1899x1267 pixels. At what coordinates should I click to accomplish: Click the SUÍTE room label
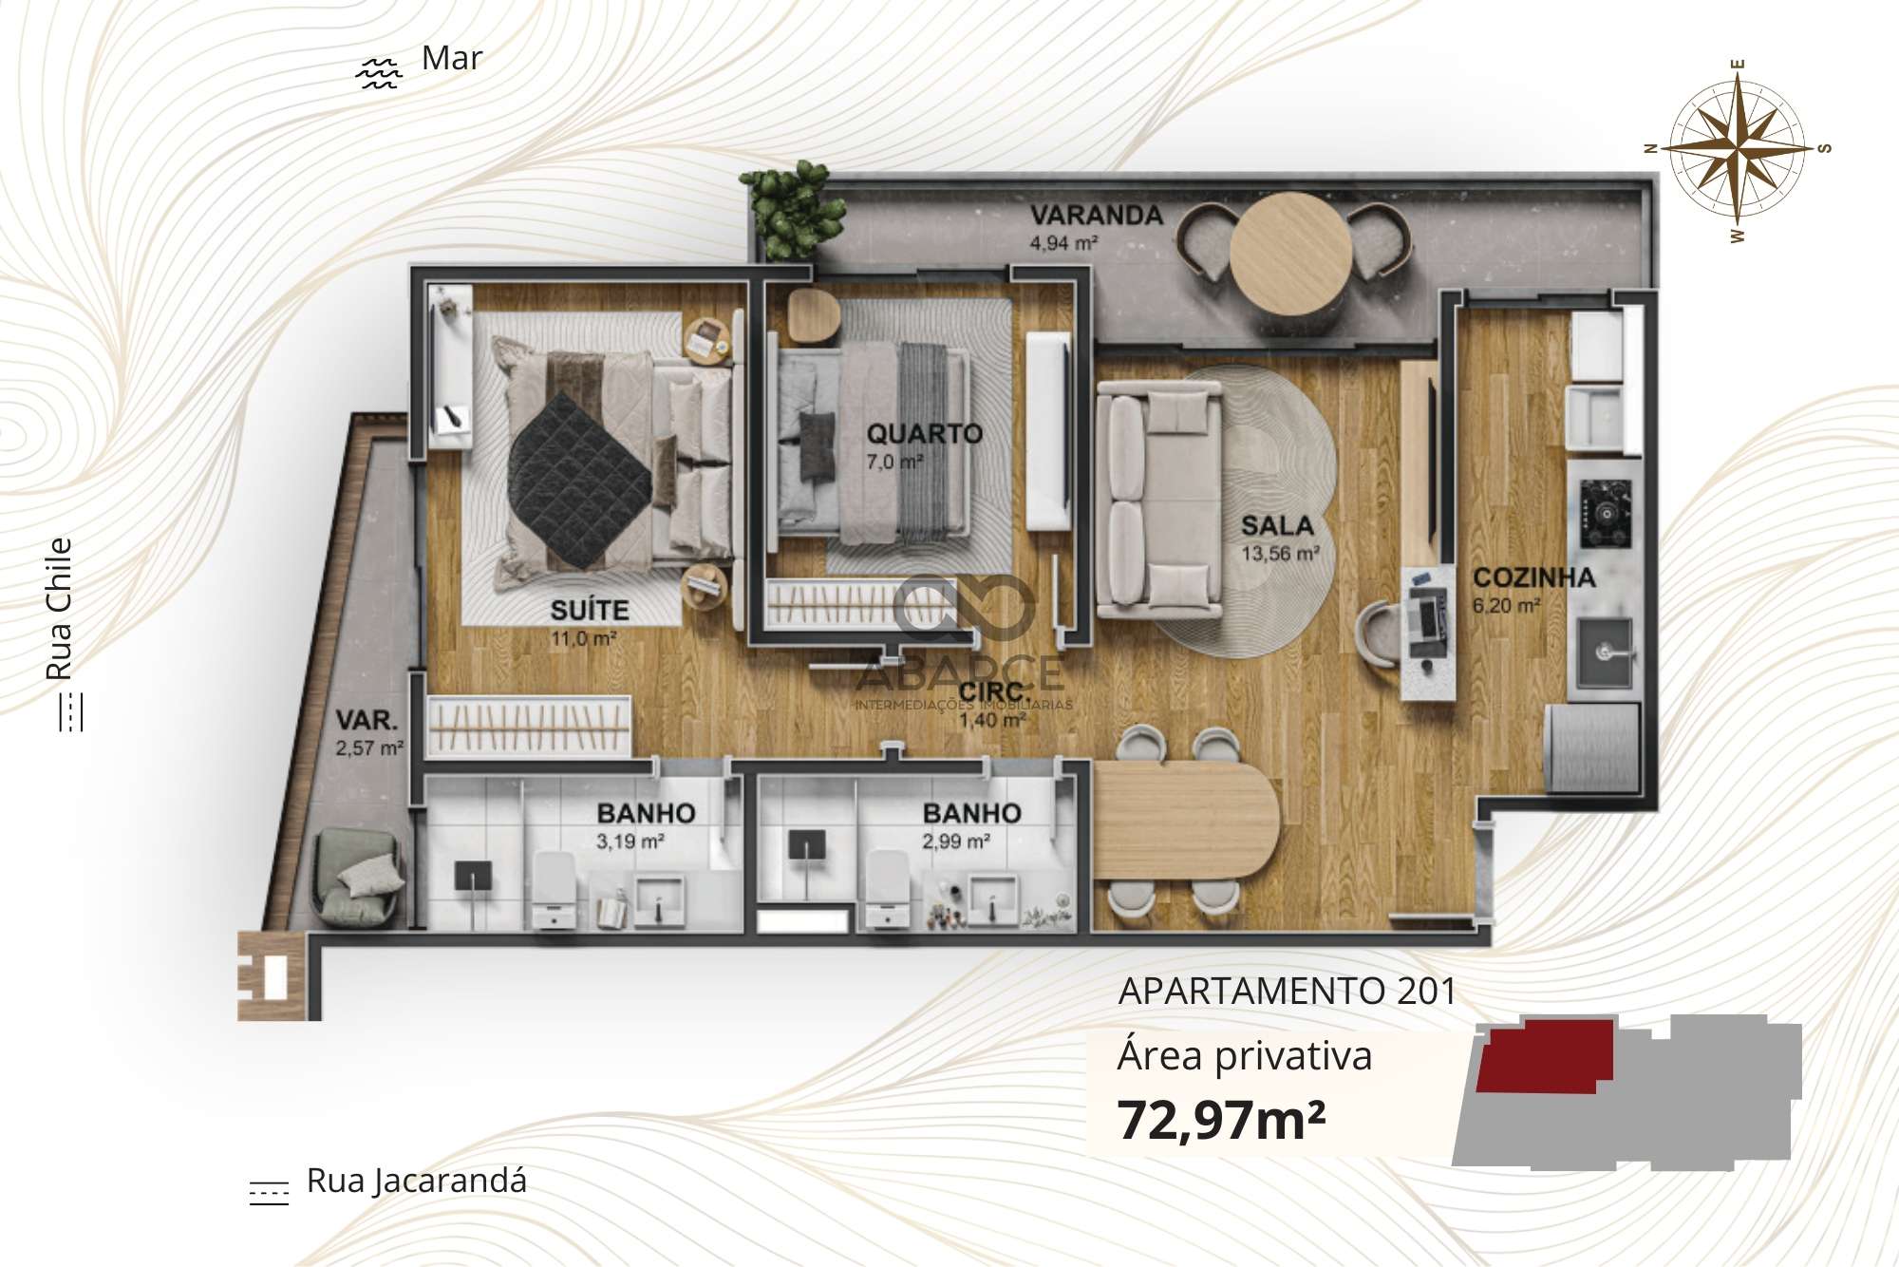[x=590, y=610]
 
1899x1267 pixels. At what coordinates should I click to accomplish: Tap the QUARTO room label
[x=924, y=434]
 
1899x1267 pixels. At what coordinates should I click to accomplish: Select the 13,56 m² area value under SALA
[x=1280, y=553]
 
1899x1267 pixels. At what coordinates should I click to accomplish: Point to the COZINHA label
[x=1533, y=577]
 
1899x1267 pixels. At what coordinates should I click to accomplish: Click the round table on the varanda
[x=1290, y=253]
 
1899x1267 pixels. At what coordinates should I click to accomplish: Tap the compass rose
[x=1738, y=150]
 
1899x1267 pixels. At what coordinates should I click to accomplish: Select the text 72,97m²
[x=1221, y=1119]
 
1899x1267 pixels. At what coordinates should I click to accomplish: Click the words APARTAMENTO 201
[x=1288, y=992]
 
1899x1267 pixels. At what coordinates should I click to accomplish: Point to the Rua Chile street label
[x=60, y=609]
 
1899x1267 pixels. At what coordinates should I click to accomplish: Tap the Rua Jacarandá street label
[x=416, y=1182]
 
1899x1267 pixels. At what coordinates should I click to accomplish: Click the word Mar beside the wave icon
[x=452, y=58]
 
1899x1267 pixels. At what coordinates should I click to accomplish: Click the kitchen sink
[x=1606, y=653]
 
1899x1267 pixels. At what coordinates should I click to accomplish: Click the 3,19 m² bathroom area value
[x=630, y=842]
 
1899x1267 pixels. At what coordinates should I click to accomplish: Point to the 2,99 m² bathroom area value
[x=956, y=842]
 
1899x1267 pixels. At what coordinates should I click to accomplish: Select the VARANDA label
[x=1097, y=216]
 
